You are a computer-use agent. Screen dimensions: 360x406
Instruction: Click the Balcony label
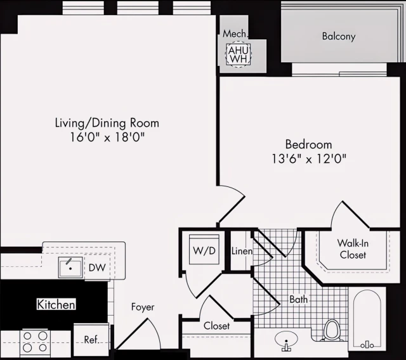tap(338, 37)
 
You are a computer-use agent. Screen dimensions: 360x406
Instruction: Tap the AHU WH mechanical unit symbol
tap(238, 55)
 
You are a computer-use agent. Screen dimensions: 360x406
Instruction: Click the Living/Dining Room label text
tap(107, 123)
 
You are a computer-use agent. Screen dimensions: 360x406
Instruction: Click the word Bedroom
tap(308, 145)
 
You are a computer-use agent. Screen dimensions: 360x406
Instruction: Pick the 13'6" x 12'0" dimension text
tap(308, 158)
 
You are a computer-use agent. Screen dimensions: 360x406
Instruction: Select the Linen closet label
tap(242, 252)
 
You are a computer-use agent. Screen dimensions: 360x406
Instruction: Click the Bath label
tap(299, 299)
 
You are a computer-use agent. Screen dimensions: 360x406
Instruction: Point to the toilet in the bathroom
tap(332, 330)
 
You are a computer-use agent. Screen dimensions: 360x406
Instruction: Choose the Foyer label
tap(143, 307)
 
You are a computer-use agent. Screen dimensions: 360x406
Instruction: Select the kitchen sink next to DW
tap(70, 267)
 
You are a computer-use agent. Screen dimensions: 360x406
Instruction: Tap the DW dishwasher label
tap(97, 269)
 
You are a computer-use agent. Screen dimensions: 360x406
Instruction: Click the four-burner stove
tap(36, 342)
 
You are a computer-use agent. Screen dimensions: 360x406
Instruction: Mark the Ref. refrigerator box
tap(91, 340)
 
